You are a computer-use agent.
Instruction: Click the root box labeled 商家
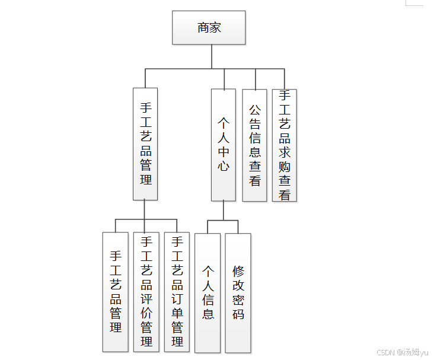pos(209,27)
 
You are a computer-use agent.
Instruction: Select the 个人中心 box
pos(224,145)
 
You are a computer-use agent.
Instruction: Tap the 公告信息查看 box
pos(254,145)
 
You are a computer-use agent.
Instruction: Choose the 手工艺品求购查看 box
pos(285,145)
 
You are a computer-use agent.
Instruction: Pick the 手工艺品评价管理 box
pos(146,291)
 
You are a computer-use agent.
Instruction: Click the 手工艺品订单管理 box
pos(177,291)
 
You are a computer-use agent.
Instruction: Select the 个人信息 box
pos(208,292)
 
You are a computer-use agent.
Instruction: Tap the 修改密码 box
pos(238,292)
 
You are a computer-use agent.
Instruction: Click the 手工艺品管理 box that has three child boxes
pos(145,144)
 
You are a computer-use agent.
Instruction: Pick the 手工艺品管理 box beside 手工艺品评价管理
pos(116,291)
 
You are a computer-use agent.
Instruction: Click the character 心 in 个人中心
pos(224,166)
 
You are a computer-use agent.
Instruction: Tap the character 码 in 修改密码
pos(238,314)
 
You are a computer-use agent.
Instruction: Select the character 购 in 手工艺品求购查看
pos(285,166)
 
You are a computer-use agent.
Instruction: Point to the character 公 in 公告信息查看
pos(254,110)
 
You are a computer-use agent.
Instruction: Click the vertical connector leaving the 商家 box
pos(212,56)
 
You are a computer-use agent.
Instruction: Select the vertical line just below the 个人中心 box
pos(224,211)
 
